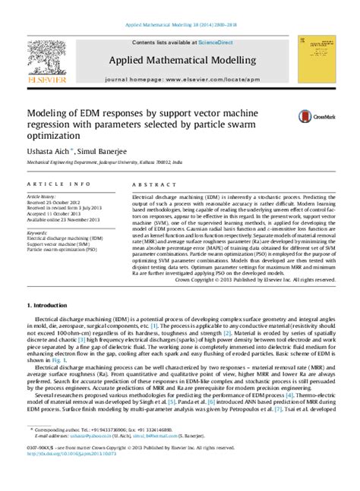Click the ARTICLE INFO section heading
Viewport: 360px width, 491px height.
coord(62,184)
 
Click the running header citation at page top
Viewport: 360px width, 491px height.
coord(179,24)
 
